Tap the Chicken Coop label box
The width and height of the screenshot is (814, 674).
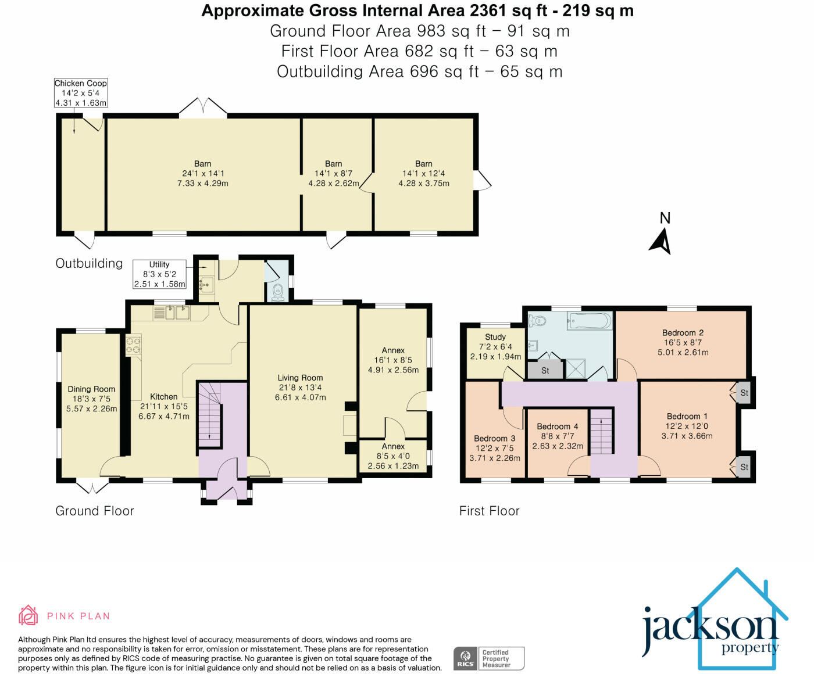(81, 93)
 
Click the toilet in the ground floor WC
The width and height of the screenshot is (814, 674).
(277, 292)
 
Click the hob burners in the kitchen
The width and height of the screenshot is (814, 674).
(133, 345)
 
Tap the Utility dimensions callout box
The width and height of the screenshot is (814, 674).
(159, 274)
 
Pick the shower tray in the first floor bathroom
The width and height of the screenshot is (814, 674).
(576, 368)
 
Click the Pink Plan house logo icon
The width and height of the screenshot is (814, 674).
(28, 615)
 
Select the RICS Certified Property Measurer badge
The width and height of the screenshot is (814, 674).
(489, 658)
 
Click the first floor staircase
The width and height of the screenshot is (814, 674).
(601, 431)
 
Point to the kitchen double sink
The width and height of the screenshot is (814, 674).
(177, 313)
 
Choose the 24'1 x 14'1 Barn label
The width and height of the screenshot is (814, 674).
(203, 173)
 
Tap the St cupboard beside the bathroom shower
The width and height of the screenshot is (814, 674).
(545, 370)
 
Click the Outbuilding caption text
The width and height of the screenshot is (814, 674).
(90, 263)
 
